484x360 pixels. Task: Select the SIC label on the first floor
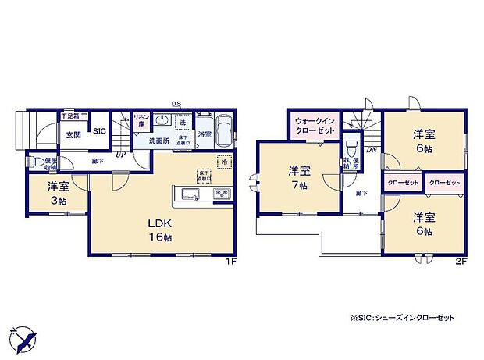[x=99, y=131]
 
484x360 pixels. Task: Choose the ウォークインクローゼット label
[x=315, y=125]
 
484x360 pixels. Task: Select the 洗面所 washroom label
[x=160, y=141]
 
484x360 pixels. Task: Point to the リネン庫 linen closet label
[x=141, y=120]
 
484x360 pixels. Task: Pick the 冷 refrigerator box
[x=224, y=162]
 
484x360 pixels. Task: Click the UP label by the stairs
[x=121, y=153]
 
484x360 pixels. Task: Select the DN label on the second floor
[x=372, y=149]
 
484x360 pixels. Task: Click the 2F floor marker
[x=461, y=261]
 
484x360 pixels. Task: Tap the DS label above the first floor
[x=176, y=102]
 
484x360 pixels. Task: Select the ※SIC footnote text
[x=402, y=318]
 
